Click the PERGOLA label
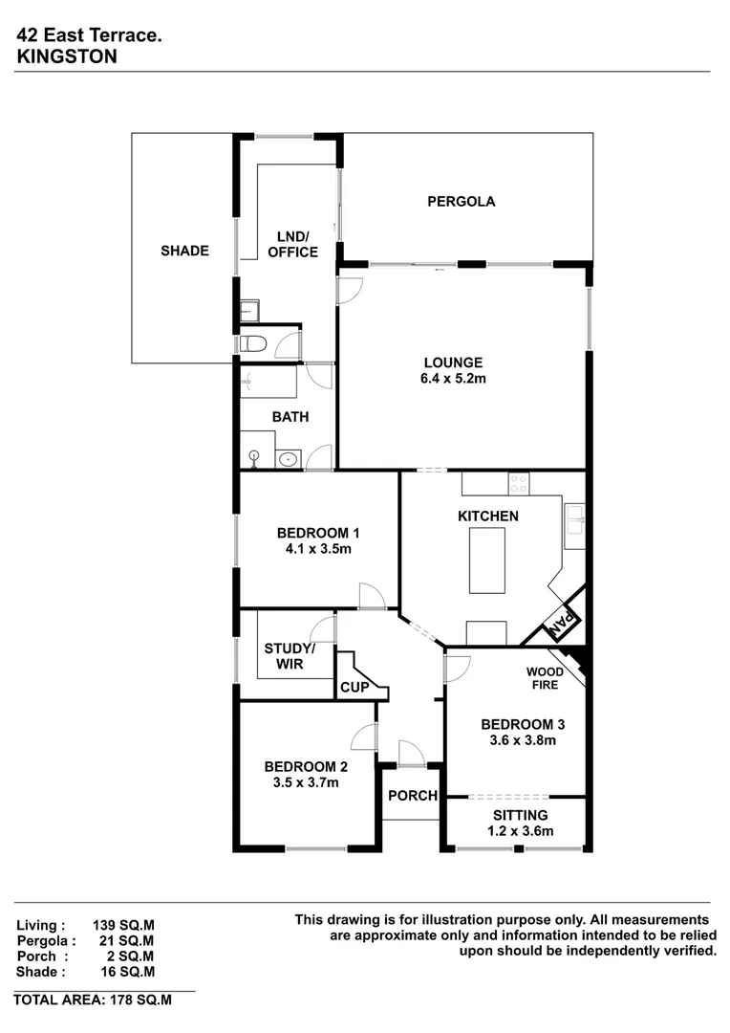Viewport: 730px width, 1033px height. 461,202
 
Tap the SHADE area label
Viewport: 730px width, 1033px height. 184,251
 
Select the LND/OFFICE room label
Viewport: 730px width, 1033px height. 293,245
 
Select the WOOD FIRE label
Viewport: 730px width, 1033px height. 545,678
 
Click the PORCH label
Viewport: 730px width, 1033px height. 412,796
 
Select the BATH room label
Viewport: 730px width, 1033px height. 290,417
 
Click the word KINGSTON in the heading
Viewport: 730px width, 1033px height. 67,56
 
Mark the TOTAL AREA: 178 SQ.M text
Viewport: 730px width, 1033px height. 93,1000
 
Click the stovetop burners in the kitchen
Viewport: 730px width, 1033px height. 519,484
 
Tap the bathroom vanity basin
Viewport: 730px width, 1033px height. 289,460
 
